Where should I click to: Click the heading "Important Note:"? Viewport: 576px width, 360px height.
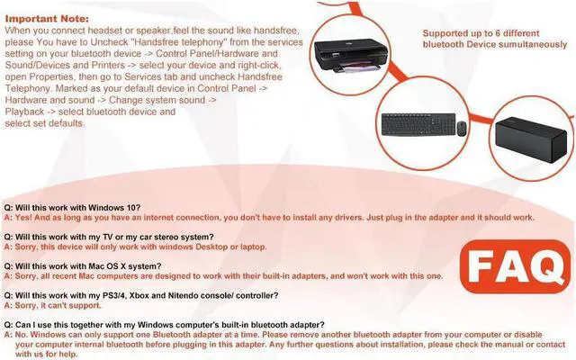point(46,17)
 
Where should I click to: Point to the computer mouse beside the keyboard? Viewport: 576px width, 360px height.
point(462,129)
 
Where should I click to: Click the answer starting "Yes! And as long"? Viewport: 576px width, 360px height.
point(270,217)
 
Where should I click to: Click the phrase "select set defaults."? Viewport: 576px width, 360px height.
point(45,123)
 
